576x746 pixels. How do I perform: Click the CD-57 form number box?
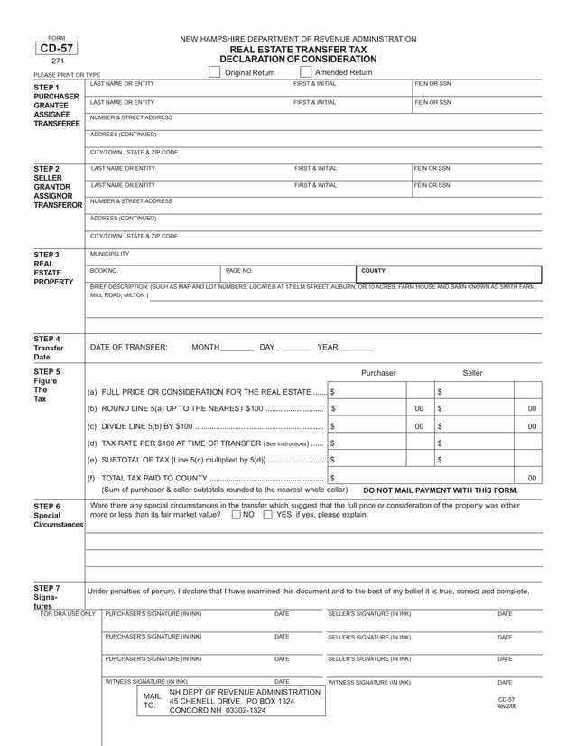point(56,51)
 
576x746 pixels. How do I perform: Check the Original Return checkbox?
point(214,72)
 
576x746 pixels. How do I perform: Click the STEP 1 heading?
point(47,87)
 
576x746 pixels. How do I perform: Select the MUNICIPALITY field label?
point(110,254)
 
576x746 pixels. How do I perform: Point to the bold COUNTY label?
point(374,270)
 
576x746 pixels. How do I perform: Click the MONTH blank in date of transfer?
point(237,349)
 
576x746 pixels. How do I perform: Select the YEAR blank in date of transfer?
point(358,349)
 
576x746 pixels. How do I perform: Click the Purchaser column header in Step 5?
point(378,372)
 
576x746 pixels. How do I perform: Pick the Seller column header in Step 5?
point(472,372)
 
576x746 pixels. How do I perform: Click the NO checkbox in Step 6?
point(237,515)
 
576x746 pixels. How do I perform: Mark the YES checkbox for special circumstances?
point(268,515)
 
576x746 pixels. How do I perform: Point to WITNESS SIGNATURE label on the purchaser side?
point(147,682)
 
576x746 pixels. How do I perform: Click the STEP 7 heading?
point(47,587)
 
